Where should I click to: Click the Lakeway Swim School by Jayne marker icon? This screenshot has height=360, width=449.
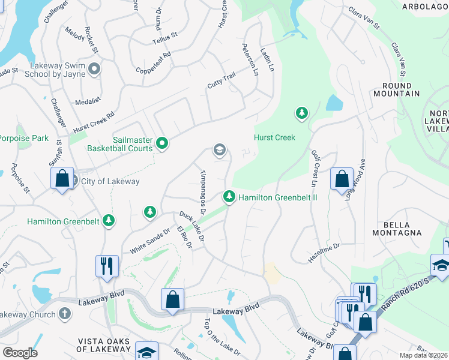94,69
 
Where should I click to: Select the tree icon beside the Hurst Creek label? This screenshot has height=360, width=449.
301,113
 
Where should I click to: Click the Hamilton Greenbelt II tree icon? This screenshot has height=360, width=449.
229,196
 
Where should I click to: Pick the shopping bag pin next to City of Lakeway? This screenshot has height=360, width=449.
62,179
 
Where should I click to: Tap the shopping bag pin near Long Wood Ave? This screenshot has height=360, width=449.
342,179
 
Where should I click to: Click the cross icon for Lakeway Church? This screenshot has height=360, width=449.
65,314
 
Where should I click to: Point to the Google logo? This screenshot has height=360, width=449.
20,353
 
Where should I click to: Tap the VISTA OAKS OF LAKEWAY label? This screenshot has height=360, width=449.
104,345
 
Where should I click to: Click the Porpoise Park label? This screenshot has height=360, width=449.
24,139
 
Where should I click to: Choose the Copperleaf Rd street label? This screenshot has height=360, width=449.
154,62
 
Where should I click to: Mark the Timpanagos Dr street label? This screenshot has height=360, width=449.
202,191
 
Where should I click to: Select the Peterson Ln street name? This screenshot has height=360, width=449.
249,59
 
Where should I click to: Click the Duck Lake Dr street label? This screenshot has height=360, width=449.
192,227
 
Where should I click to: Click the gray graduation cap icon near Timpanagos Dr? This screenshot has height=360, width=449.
220,150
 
